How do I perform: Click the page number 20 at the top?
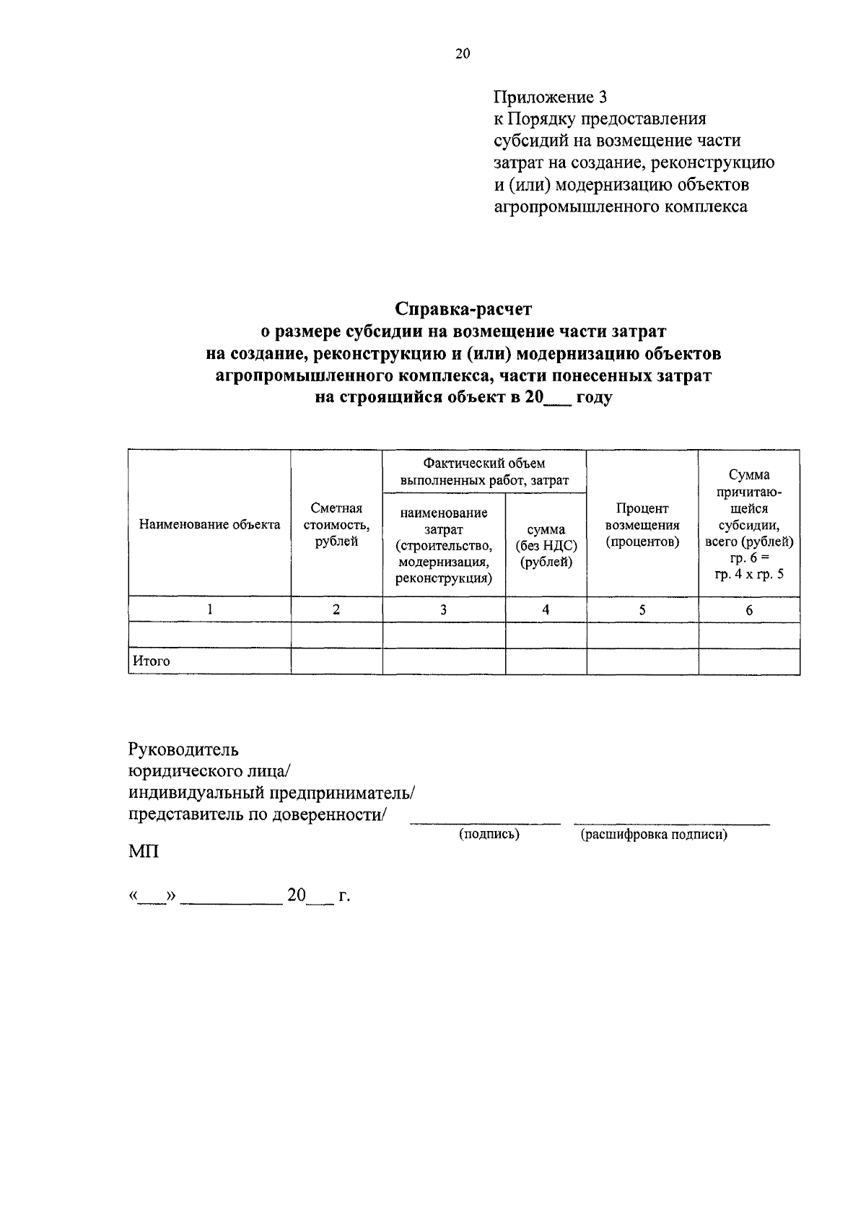tap(463, 53)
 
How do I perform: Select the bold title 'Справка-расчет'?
tap(463, 310)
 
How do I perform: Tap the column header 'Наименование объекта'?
tap(209, 525)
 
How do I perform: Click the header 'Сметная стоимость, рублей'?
tap(336, 525)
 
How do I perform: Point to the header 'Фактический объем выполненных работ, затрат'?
tap(484, 471)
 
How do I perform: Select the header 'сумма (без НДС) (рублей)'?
tap(546, 547)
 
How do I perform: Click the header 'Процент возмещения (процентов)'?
tap(642, 525)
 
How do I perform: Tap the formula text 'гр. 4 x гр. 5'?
tap(749, 575)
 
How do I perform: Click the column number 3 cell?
tap(444, 609)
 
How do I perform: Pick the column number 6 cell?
tap(749, 610)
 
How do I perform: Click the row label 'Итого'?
tap(151, 661)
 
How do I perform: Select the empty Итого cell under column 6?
tap(749, 661)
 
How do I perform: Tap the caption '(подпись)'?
tap(489, 835)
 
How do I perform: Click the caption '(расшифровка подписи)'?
tap(654, 835)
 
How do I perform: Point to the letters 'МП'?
tap(144, 853)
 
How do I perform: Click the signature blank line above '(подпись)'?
tap(485, 822)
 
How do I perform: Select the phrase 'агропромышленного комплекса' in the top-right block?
tap(621, 208)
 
